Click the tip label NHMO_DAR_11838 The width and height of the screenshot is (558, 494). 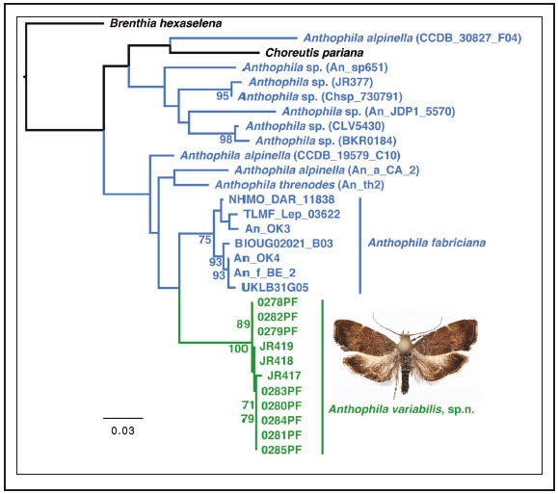278,199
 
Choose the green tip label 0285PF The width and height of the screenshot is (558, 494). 281,449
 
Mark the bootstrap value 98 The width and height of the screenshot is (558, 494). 227,141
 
